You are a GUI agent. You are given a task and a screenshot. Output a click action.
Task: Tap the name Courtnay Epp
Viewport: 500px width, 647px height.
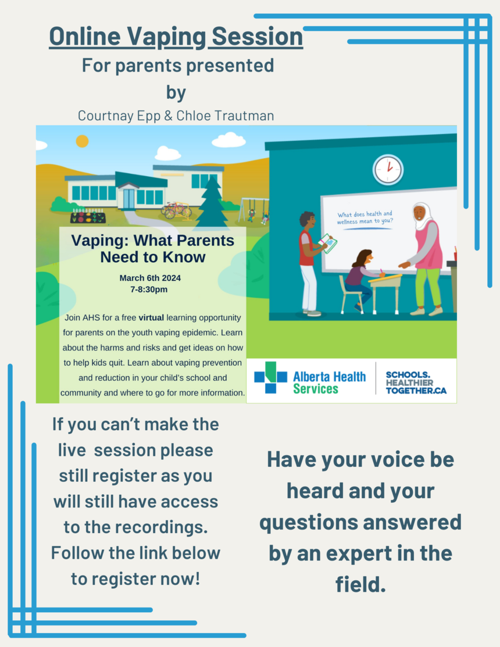(x=119, y=116)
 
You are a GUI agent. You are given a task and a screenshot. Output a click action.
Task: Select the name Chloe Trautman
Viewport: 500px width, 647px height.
(x=225, y=116)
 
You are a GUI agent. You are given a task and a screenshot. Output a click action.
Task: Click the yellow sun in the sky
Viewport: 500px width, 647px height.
(x=82, y=141)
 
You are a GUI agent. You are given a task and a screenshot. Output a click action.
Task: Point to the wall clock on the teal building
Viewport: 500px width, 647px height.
(x=388, y=170)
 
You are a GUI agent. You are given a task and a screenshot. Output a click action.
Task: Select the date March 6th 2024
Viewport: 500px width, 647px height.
(x=150, y=278)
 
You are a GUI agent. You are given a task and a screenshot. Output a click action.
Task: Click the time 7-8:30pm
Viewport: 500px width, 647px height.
(x=149, y=289)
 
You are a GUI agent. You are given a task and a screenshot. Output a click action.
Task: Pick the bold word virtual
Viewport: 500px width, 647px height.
(x=151, y=318)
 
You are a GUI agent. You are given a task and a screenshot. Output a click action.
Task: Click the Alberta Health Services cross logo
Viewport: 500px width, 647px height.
(x=270, y=377)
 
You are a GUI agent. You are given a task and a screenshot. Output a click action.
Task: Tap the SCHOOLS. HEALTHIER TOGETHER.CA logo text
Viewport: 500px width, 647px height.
(x=416, y=383)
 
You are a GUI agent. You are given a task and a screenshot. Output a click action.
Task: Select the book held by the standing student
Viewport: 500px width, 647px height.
(x=329, y=243)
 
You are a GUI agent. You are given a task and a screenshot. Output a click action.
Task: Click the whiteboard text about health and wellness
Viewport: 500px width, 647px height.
(x=365, y=217)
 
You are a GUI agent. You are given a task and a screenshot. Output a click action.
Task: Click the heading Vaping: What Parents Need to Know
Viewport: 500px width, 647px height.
(x=153, y=249)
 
